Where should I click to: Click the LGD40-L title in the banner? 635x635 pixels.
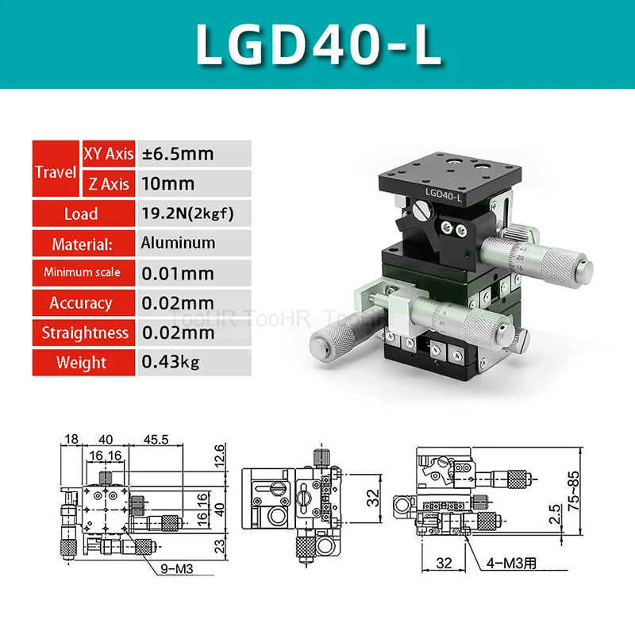(317, 44)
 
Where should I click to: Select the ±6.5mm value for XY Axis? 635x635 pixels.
(177, 153)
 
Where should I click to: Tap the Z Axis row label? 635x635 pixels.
(109, 184)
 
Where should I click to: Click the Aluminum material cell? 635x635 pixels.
(178, 243)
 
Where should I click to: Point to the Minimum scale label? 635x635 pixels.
(82, 272)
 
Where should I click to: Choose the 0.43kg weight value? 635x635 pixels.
(171, 363)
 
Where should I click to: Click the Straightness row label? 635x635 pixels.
(85, 333)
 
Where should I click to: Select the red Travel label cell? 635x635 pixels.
(56, 170)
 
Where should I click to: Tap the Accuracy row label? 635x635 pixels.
(81, 303)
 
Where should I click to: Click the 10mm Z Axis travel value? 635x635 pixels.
(167, 183)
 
